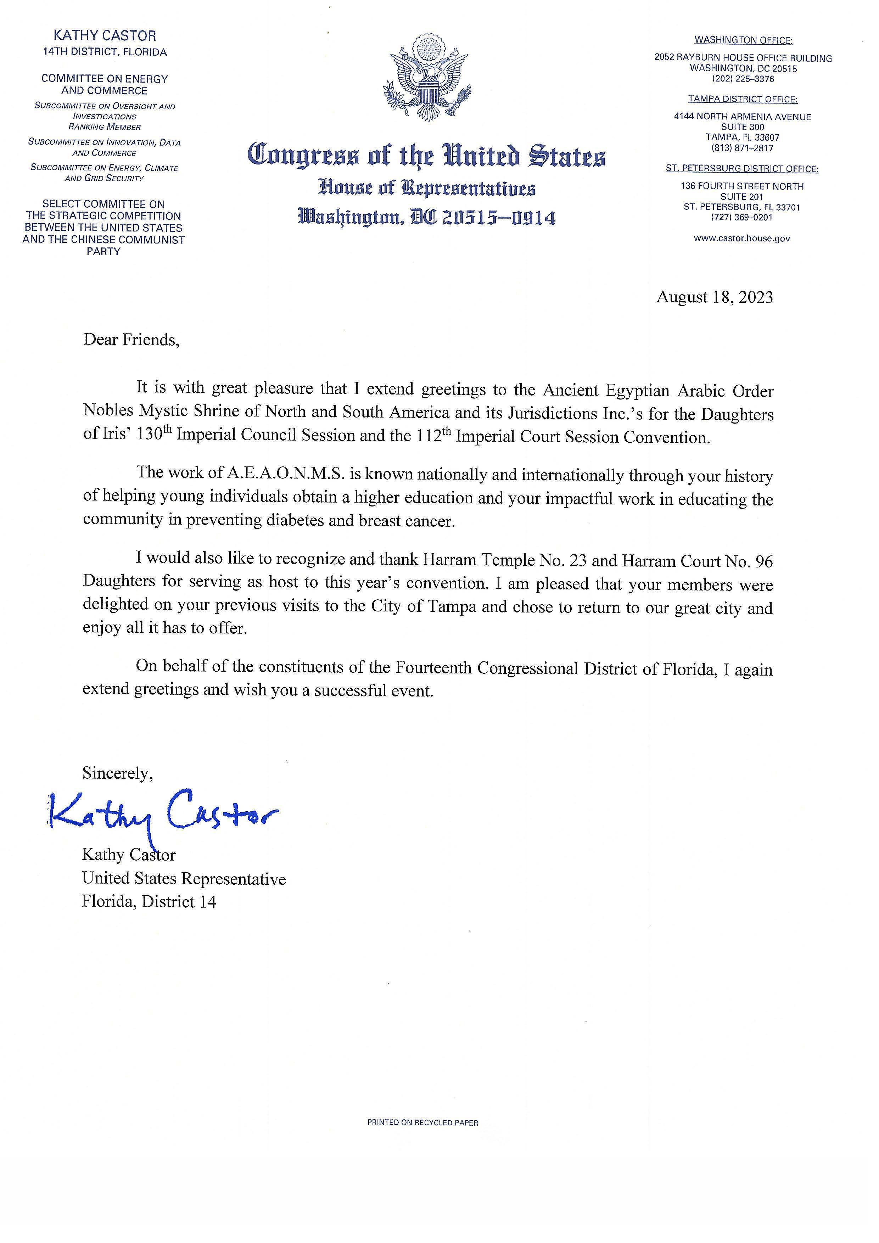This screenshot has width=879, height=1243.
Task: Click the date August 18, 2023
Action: (x=715, y=297)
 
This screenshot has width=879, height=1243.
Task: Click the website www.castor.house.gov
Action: (x=741, y=238)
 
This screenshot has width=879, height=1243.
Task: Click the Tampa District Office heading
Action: (x=743, y=99)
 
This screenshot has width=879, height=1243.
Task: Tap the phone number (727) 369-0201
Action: (x=741, y=218)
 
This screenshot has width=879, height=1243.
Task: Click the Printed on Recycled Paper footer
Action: (x=423, y=1123)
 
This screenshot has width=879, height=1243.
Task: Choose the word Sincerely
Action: (x=117, y=773)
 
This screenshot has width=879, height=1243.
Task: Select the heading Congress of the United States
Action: (x=426, y=156)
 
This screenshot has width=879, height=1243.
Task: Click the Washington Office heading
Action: (x=743, y=40)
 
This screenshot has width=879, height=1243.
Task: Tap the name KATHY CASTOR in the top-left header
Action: (x=105, y=36)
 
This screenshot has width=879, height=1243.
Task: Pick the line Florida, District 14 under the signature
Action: (x=149, y=901)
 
